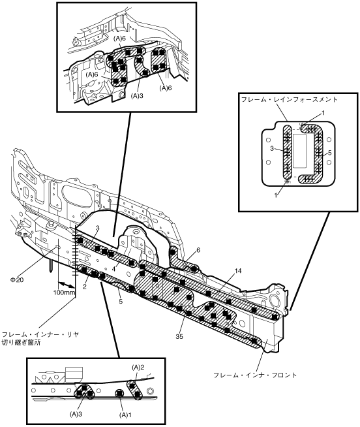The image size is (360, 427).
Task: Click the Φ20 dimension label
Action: click(17, 279)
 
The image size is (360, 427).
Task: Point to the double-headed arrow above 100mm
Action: click(66, 284)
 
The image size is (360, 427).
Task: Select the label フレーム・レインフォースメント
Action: click(290, 100)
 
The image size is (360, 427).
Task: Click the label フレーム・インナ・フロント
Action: click(255, 375)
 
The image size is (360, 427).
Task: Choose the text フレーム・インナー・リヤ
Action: click(40, 334)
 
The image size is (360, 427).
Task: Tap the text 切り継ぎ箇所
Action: click(22, 342)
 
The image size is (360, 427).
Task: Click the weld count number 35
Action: click(179, 337)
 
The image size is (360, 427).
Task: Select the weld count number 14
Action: click(238, 271)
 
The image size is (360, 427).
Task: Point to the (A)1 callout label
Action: click(125, 415)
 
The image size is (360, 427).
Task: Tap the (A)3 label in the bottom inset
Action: click(76, 414)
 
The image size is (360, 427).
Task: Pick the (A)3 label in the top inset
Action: click(137, 96)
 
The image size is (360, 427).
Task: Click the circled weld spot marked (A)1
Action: click(120, 393)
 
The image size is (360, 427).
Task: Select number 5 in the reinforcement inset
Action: click(330, 153)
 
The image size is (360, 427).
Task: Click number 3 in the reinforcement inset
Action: click(271, 148)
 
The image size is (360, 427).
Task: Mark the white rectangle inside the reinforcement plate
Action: click(299, 151)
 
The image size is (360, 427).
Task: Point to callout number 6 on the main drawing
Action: click(198, 250)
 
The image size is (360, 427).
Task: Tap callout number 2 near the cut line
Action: click(85, 287)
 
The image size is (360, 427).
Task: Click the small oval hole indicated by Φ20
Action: click(57, 247)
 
